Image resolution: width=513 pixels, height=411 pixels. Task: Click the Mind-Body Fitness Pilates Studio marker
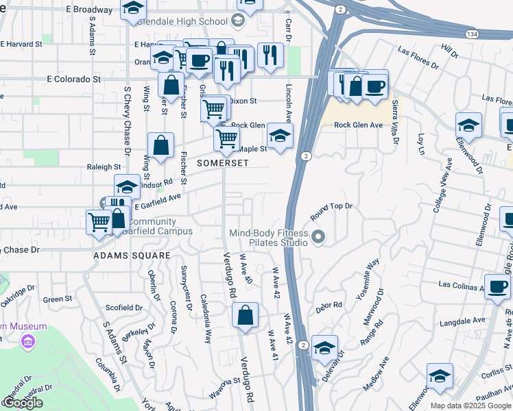(x=318, y=238)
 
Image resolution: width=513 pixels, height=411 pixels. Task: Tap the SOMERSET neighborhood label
(x=222, y=164)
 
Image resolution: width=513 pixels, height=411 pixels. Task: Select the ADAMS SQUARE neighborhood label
(x=132, y=256)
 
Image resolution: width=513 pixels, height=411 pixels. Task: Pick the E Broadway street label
(x=90, y=10)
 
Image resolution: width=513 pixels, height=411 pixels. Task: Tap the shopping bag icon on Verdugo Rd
(x=245, y=316)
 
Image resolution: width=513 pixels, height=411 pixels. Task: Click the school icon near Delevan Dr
(x=324, y=348)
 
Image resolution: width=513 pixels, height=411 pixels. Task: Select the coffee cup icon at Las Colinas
(x=497, y=286)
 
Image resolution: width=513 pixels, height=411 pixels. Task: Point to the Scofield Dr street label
(x=123, y=308)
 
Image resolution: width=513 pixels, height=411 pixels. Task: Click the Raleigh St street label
(x=104, y=166)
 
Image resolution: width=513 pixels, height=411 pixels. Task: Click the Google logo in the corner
(x=22, y=403)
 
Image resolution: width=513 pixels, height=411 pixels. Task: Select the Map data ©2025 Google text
(x=470, y=406)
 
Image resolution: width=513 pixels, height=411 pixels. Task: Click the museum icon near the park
(x=28, y=341)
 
